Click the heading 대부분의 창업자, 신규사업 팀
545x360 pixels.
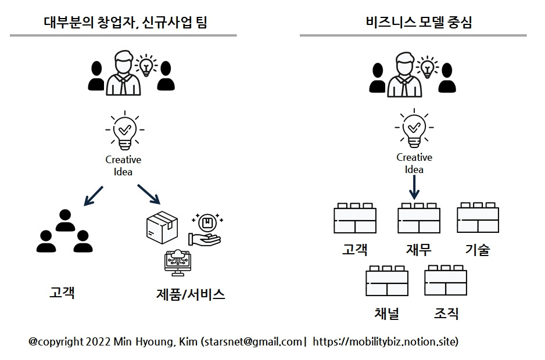coord(126,23)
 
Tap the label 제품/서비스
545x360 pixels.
coord(190,294)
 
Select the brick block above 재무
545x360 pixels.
coord(418,218)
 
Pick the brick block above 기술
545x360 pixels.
coord(478,218)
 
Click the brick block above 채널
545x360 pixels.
coord(387,280)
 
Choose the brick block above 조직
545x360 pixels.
coord(446,280)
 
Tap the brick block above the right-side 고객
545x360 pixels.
coord(354,218)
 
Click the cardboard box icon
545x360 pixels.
coord(161,227)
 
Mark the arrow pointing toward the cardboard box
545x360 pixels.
coord(148,195)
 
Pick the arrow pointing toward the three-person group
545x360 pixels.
coord(93,196)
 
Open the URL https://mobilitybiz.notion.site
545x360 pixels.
coord(385,341)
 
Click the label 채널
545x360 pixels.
coord(386,314)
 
